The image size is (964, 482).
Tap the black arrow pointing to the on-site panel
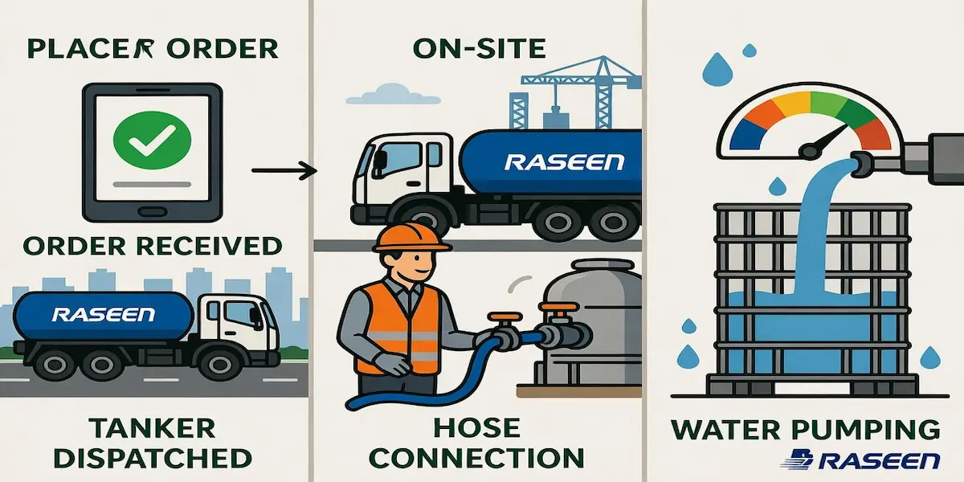point(282,170)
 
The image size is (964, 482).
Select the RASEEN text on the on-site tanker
point(563,161)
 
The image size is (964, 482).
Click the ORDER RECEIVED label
point(152,244)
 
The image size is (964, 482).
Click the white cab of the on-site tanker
point(402,173)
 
